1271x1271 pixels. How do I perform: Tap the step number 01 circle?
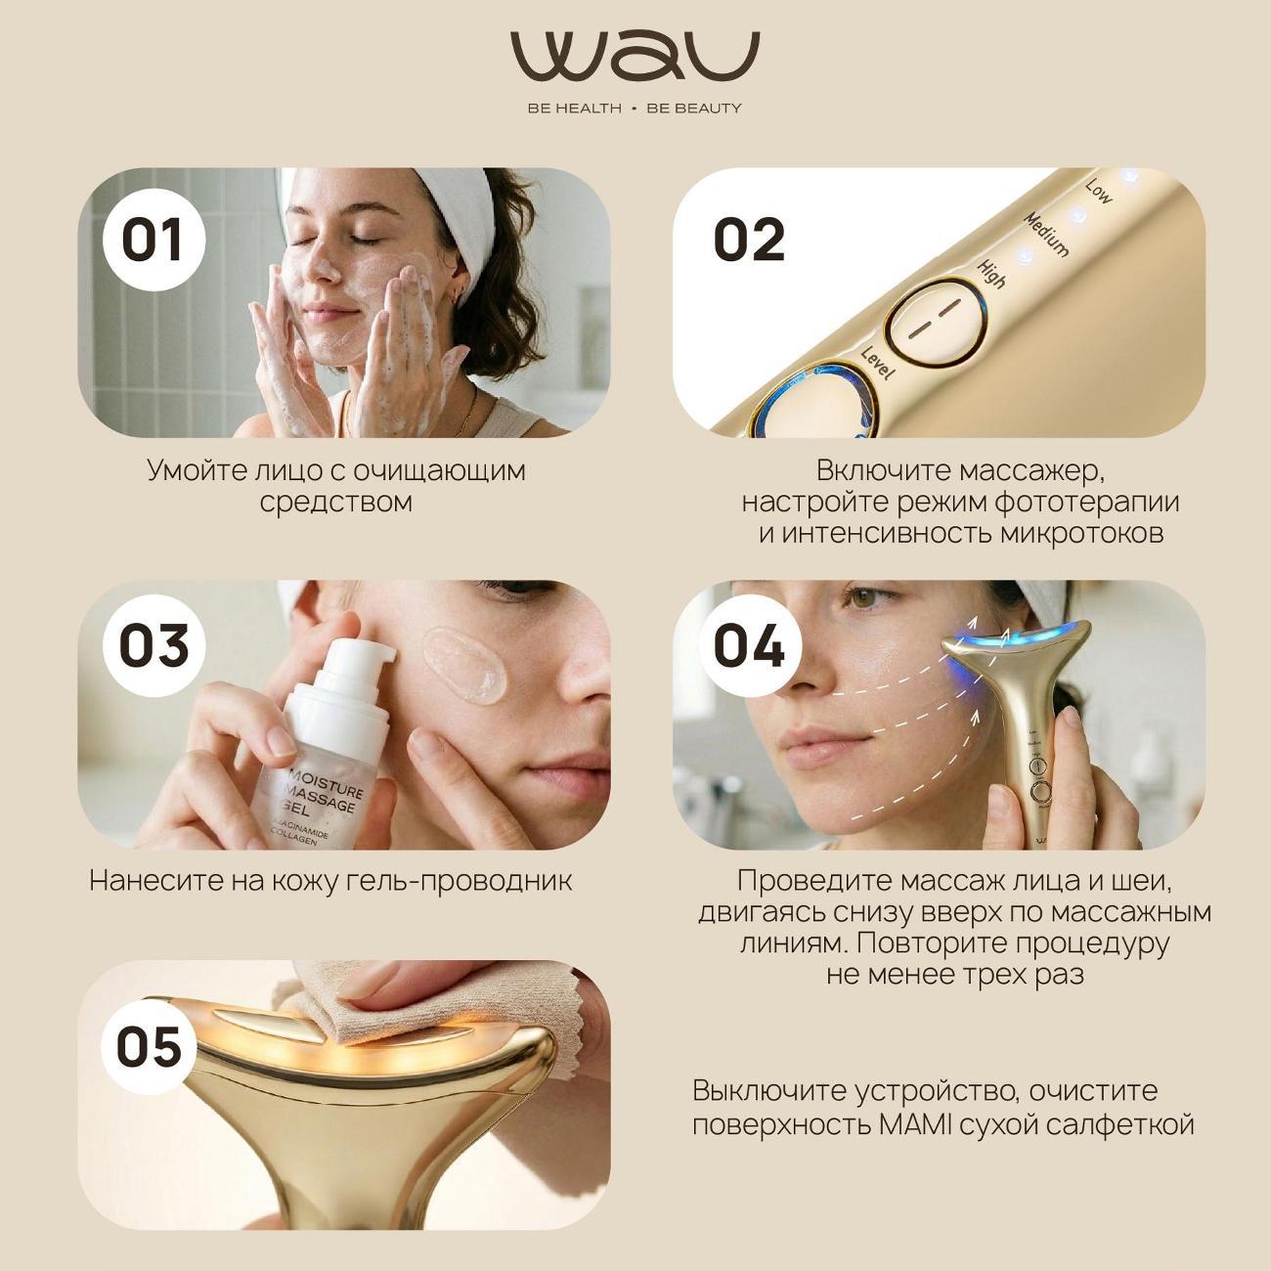tap(153, 240)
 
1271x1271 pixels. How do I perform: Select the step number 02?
tap(749, 240)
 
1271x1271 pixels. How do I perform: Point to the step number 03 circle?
tap(153, 645)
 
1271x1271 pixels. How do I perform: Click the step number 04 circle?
tap(750, 645)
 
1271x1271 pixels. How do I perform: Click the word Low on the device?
tap(1099, 192)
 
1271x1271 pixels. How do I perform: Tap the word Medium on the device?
tap(1045, 234)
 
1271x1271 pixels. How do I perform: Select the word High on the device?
tap(990, 275)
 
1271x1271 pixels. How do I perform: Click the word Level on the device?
tap(877, 363)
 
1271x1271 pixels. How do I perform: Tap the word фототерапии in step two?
tap(1085, 503)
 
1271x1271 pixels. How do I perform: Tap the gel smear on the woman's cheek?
tap(465, 666)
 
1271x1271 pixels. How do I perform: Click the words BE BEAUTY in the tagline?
tap(694, 109)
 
